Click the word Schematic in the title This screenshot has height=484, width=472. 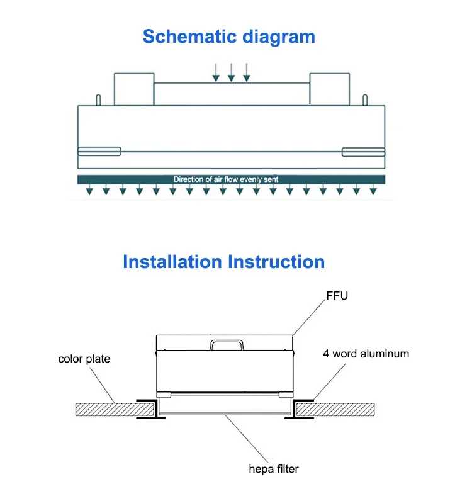tap(189, 37)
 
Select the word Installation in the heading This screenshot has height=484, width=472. tap(172, 262)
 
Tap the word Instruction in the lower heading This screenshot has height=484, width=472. tap(276, 262)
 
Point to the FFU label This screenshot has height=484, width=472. tap(337, 296)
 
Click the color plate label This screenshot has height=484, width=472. tap(84, 359)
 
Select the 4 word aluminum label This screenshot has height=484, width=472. tap(366, 354)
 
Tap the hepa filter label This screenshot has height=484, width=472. tap(274, 469)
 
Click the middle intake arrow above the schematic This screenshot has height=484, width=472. tap(231, 72)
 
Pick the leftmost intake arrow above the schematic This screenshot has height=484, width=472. tap(216, 72)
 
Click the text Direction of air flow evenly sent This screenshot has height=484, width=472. tap(226, 179)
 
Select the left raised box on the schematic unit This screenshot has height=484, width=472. tap(134, 89)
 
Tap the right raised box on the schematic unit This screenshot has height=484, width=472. tap(330, 89)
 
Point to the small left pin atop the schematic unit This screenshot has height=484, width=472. tap(98, 99)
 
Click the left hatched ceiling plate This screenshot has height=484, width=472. tap(115, 409)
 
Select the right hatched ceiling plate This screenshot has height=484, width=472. tap(335, 409)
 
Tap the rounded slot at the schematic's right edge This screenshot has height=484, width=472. tap(363, 152)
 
